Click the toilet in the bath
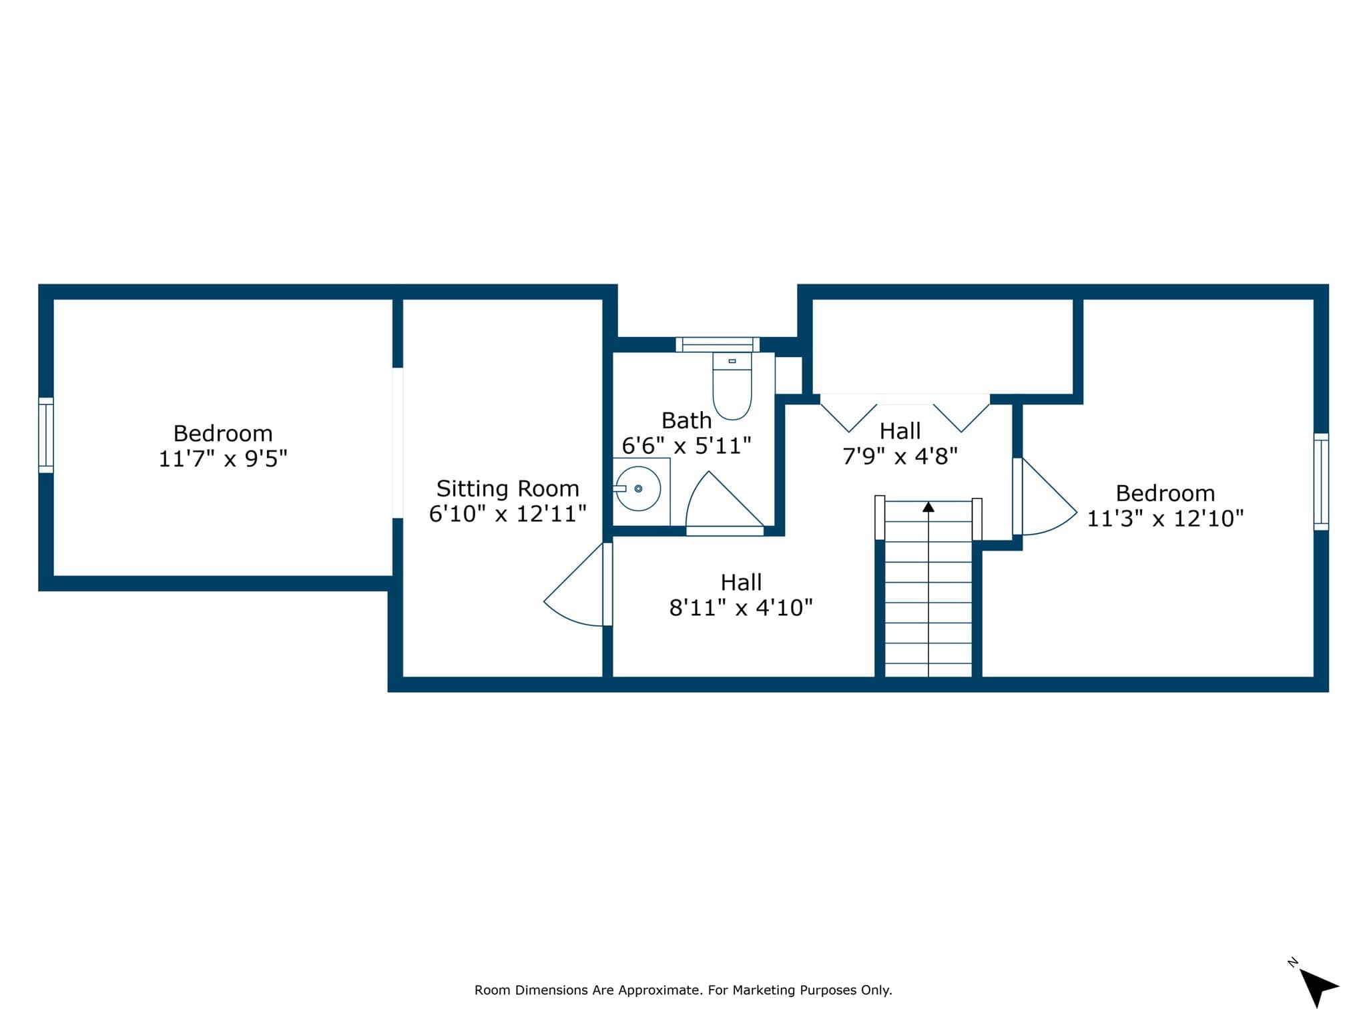pyautogui.click(x=732, y=386)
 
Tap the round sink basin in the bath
pyautogui.click(x=638, y=488)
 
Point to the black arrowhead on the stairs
pyautogui.click(x=928, y=507)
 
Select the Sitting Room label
pyautogui.click(x=507, y=488)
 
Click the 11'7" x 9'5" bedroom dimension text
pyautogui.click(x=223, y=459)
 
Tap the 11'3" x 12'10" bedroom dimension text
pyautogui.click(x=1165, y=519)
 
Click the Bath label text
pyautogui.click(x=686, y=420)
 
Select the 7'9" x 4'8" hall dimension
pyautogui.click(x=900, y=456)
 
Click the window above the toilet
pyautogui.click(x=718, y=344)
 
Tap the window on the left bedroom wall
pyautogui.click(x=46, y=435)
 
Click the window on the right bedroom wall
pyautogui.click(x=1321, y=482)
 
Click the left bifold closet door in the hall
pyautogui.click(x=848, y=414)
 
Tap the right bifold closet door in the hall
pyautogui.click(x=961, y=414)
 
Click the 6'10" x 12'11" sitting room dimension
pyautogui.click(x=507, y=514)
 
